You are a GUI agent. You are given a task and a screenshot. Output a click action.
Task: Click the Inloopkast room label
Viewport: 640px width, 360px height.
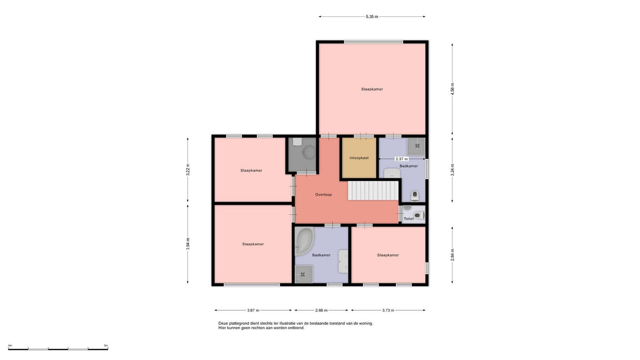(359, 158)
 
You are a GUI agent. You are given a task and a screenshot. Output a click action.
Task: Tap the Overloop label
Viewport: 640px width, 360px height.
(324, 194)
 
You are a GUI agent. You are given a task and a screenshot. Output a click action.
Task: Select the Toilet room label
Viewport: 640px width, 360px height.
(408, 218)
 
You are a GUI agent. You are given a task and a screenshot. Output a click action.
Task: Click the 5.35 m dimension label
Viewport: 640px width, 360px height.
(372, 16)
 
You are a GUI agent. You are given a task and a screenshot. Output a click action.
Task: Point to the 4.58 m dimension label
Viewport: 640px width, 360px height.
(452, 89)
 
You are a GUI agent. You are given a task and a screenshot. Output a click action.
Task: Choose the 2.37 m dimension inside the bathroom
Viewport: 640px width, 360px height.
(402, 159)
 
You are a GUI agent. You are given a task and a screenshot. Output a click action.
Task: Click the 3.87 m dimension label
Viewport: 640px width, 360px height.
(253, 310)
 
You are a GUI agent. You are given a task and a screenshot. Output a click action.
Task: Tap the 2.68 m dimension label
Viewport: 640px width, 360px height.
(321, 310)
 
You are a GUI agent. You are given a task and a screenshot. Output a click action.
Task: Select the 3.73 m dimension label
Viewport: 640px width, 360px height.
(388, 310)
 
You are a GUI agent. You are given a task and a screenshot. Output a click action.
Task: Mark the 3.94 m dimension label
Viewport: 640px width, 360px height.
(188, 244)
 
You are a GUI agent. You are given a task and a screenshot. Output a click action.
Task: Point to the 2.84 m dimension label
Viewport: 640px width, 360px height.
(452, 254)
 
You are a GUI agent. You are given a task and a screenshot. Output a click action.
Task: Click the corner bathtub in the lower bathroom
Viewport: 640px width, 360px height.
(304, 241)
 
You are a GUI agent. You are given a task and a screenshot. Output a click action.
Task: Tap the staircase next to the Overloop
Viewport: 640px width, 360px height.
(373, 190)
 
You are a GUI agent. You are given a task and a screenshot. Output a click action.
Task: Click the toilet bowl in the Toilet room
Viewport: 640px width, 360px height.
(419, 215)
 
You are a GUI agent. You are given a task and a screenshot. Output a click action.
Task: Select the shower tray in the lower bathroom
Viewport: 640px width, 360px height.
(304, 274)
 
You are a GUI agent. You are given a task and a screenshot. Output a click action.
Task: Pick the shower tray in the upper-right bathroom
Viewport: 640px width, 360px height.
(416, 146)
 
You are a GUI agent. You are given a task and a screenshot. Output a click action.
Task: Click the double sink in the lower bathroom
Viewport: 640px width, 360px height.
(343, 261)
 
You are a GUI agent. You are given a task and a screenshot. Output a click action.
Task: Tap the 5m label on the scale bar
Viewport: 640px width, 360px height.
(106, 346)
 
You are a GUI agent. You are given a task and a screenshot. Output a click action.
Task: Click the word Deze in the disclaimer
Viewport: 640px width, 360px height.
(223, 324)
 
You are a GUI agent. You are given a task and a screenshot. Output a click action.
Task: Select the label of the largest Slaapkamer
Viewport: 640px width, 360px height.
(372, 89)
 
